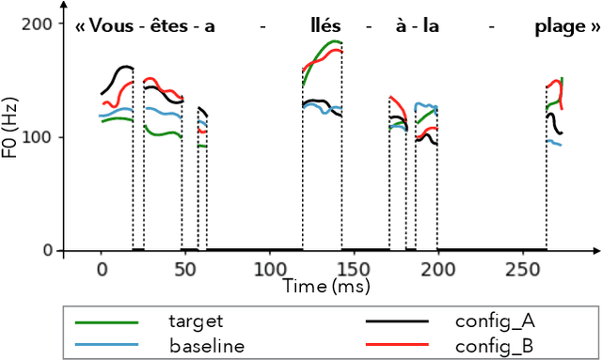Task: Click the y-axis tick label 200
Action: coord(38,23)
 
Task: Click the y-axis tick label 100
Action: coord(38,137)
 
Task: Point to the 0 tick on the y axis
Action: coord(46,251)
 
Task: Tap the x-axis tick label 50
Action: coord(185,269)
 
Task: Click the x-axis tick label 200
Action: coord(437,269)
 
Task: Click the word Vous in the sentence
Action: coord(108,27)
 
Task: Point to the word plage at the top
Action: coord(553,27)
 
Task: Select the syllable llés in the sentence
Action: coord(325,27)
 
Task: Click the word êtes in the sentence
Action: coord(166,27)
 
